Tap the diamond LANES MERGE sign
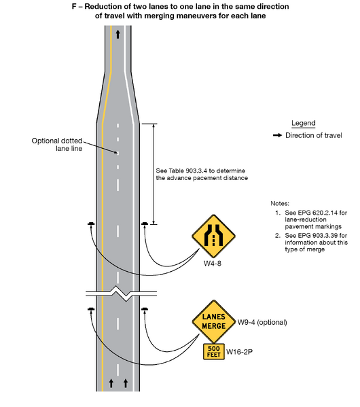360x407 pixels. (213, 321)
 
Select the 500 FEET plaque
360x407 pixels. (214, 351)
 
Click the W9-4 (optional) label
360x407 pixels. (262, 320)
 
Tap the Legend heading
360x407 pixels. (303, 123)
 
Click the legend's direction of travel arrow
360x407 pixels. (277, 135)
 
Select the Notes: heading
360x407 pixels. (280, 203)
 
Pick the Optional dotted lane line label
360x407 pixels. (57, 145)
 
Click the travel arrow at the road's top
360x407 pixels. (119, 33)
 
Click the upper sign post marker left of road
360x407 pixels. (91, 224)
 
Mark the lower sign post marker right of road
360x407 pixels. (145, 311)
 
